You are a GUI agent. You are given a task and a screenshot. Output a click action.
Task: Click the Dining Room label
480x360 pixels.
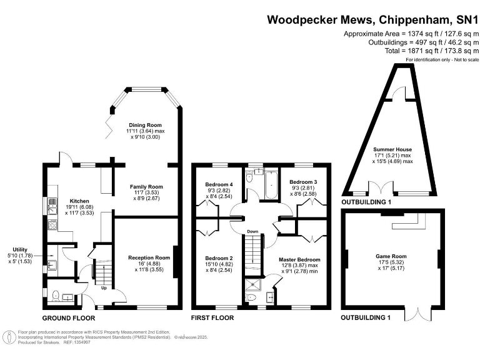coord(145,125)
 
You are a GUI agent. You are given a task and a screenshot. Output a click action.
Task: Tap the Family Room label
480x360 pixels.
coord(146,187)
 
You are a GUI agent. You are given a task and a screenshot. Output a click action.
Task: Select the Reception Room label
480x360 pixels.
coord(149,257)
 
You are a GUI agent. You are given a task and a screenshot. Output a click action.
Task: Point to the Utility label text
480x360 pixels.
coord(20,249)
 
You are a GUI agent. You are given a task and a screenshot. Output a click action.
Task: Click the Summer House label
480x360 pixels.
coord(392,149)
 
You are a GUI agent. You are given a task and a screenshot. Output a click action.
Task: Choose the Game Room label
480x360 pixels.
coord(391,256)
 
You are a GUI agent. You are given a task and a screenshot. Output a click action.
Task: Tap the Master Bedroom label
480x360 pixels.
coord(299,259)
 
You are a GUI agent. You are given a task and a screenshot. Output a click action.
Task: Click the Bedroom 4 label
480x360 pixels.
coord(219,184)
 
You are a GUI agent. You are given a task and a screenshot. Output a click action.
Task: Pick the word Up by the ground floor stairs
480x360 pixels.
coord(104,288)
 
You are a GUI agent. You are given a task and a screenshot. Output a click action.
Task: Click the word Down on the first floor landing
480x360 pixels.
coord(252,232)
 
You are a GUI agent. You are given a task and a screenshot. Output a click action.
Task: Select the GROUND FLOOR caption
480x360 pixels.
coord(69,318)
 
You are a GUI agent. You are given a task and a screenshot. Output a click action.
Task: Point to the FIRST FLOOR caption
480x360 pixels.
coord(212,317)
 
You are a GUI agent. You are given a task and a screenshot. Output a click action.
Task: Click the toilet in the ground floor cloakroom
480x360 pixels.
coord(56,296)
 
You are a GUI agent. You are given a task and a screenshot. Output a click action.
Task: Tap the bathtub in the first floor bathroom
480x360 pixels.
coord(271,185)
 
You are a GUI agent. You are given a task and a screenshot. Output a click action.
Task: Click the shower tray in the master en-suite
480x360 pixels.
coord(253,285)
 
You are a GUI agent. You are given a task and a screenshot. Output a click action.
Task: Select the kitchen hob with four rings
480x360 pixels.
coord(52,225)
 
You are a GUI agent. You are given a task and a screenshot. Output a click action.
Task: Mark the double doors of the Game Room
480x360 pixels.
coord(418,314)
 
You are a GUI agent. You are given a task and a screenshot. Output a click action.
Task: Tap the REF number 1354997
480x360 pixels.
coord(76,342)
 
